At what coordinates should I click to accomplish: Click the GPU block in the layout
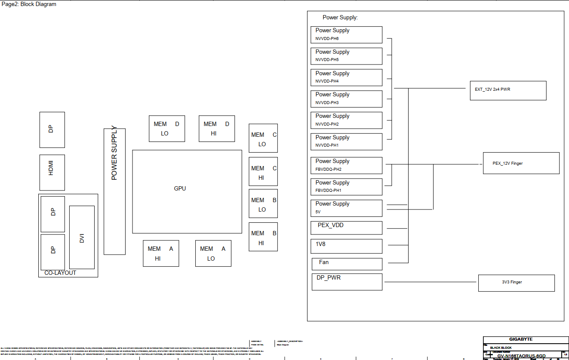187,191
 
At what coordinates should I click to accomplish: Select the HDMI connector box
52,172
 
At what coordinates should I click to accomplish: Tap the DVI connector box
82,237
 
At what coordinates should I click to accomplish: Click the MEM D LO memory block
167,129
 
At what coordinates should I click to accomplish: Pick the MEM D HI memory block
217,129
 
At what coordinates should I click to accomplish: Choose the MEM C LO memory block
263,138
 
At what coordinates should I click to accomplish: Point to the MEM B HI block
263,237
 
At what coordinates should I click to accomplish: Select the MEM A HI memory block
161,253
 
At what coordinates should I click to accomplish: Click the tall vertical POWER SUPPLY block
114,191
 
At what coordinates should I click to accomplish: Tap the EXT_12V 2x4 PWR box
508,90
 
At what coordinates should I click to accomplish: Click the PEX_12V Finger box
521,163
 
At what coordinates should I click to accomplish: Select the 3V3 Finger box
516,283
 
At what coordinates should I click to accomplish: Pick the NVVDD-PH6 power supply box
346,35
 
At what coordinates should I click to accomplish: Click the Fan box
347,264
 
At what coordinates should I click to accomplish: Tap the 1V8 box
346,246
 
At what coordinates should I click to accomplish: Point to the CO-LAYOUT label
60,273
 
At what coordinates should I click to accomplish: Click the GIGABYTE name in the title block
521,339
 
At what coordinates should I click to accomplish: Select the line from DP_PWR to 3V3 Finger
430,282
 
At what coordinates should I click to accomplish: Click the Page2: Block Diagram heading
29,4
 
